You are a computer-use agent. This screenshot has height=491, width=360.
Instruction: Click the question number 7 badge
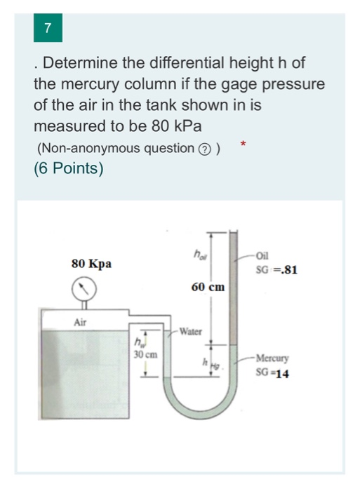point(48,29)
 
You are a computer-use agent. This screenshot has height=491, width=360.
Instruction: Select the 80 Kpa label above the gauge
point(91,264)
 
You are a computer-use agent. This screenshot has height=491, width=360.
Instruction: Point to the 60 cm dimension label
point(207,287)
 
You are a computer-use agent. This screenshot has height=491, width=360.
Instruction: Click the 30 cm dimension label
point(144,355)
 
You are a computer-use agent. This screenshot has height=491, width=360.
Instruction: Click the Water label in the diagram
point(191,330)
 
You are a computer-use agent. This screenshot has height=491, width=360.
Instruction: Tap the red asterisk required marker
point(243,144)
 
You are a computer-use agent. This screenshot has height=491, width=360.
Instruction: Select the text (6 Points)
point(68,168)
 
